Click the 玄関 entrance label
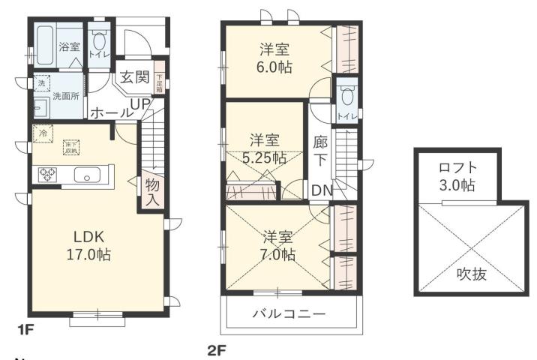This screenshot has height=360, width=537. [x=135, y=77]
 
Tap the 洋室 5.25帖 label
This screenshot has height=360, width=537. [x=265, y=148]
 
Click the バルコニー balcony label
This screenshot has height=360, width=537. [x=289, y=313]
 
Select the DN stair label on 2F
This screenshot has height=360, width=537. [x=321, y=190]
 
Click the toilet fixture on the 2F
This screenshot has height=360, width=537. [x=346, y=95]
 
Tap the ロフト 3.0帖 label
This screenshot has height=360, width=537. [x=457, y=175]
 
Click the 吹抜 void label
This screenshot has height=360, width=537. [x=471, y=274]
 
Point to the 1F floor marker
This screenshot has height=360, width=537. [x=25, y=328]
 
